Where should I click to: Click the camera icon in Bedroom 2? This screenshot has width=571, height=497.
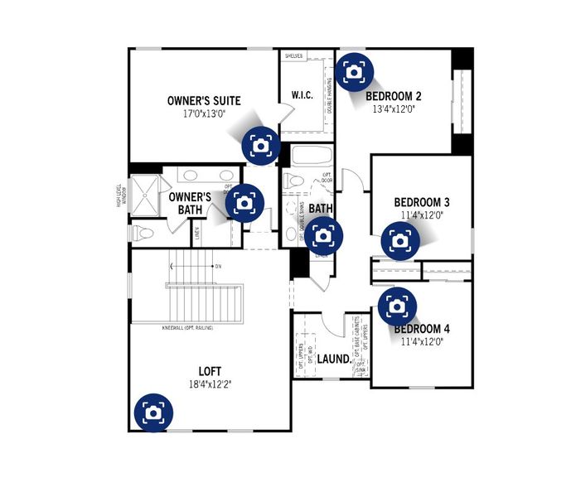tap(355, 71)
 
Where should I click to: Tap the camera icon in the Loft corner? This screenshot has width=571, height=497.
tap(152, 412)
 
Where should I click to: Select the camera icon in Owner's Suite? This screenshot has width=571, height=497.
tap(260, 145)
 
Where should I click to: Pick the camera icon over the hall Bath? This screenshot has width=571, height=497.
tap(323, 236)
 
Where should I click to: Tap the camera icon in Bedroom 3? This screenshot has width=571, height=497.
tap(400, 241)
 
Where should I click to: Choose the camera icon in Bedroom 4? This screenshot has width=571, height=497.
tap(397, 306)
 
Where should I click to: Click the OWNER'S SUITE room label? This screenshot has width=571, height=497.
tap(204, 101)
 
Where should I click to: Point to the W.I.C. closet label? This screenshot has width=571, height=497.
tap(302, 95)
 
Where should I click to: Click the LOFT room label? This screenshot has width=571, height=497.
tap(209, 371)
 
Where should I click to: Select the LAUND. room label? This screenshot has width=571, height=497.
tap(333, 359)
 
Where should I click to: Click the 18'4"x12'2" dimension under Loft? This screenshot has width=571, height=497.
tap(209, 384)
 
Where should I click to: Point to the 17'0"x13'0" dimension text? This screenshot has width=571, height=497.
tap(204, 114)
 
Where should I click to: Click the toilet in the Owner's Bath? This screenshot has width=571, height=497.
tap(144, 233)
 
